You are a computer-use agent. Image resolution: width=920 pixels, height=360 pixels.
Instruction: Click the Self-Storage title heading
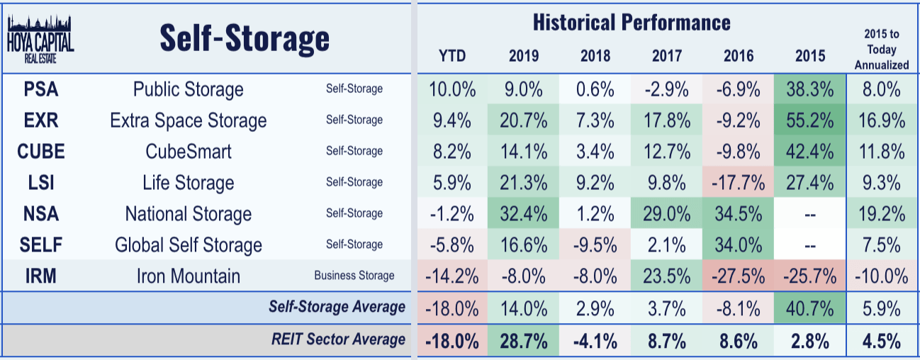coord(245,38)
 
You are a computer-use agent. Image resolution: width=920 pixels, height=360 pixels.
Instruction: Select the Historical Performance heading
coord(631,22)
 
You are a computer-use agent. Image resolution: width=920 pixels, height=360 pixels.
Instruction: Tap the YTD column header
coord(451,56)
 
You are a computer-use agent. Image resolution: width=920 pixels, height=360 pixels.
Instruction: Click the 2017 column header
coord(666,56)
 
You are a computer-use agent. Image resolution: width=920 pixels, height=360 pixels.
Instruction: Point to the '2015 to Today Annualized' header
coord(881,50)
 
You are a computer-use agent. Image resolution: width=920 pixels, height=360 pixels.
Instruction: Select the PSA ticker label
coord(40,89)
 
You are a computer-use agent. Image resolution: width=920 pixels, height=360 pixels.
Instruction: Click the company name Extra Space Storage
coord(188,120)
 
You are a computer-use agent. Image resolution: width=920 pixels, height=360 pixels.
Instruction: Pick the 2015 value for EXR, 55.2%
coord(810,120)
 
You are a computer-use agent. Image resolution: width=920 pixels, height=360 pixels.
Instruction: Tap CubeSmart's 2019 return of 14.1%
coord(524,152)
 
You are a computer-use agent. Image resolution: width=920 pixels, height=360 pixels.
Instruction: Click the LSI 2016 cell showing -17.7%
coord(739,183)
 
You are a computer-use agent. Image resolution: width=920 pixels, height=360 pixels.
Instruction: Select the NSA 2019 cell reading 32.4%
coord(524,214)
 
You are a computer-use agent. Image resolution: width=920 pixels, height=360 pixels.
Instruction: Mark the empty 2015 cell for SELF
coord(810,245)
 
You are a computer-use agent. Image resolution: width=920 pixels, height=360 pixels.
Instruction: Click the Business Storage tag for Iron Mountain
coord(354,276)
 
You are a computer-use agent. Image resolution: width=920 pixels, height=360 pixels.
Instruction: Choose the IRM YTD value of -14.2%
coord(451,276)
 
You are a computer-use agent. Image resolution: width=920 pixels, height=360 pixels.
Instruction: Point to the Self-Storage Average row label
coord(337,307)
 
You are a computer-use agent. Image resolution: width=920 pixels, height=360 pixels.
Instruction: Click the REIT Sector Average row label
coord(338,339)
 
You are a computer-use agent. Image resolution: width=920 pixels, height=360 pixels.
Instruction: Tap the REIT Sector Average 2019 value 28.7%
coord(524,340)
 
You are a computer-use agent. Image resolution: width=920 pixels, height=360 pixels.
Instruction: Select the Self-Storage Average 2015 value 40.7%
coord(810,308)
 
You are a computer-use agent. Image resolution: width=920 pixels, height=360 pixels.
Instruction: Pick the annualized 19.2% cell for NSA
coord(881,214)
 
